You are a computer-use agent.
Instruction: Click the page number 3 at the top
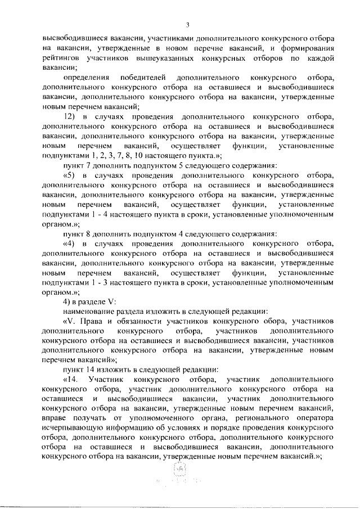[x=188, y=24]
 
